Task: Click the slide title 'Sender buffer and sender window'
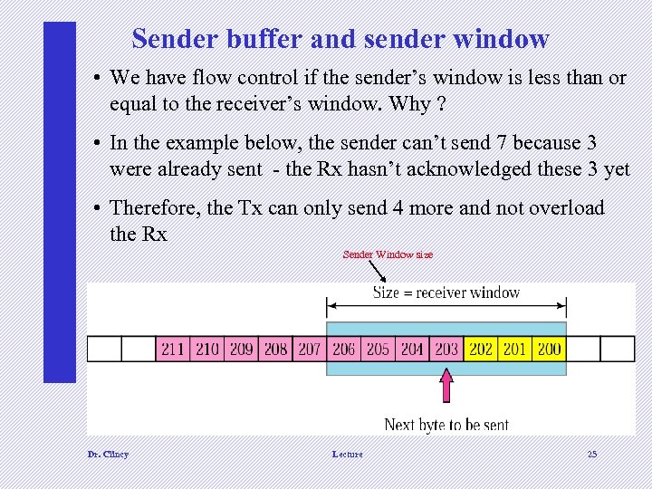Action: coord(340,39)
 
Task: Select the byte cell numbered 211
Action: coord(173,349)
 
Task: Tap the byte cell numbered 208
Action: coord(275,349)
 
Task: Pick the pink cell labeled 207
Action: coord(310,349)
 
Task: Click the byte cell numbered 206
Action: coord(344,349)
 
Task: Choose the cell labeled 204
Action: coord(412,349)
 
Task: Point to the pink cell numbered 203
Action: coord(446,349)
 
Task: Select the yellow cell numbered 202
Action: coord(481,349)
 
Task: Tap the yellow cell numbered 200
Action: coord(549,349)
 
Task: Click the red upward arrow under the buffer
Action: coord(446,386)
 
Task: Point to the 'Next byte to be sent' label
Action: coord(446,424)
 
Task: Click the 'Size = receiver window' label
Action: coord(446,292)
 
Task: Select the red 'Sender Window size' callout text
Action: coord(388,254)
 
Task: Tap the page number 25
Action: coord(592,454)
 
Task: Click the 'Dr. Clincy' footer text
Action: coord(108,454)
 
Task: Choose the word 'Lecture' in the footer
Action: coord(347,454)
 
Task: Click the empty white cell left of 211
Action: coord(139,349)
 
